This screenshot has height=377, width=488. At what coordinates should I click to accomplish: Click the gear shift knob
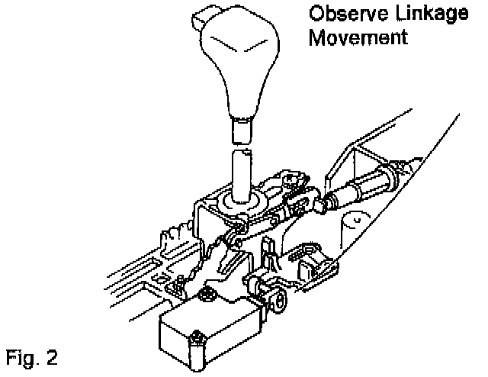[x=237, y=61]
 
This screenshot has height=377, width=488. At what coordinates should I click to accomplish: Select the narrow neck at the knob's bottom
[x=242, y=130]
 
